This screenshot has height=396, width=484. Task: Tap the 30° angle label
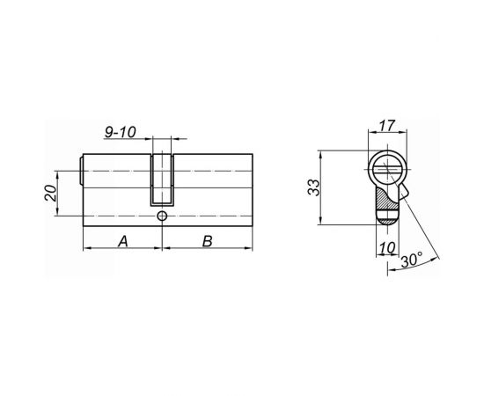410,260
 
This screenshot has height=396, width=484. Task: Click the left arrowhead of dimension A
85,249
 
